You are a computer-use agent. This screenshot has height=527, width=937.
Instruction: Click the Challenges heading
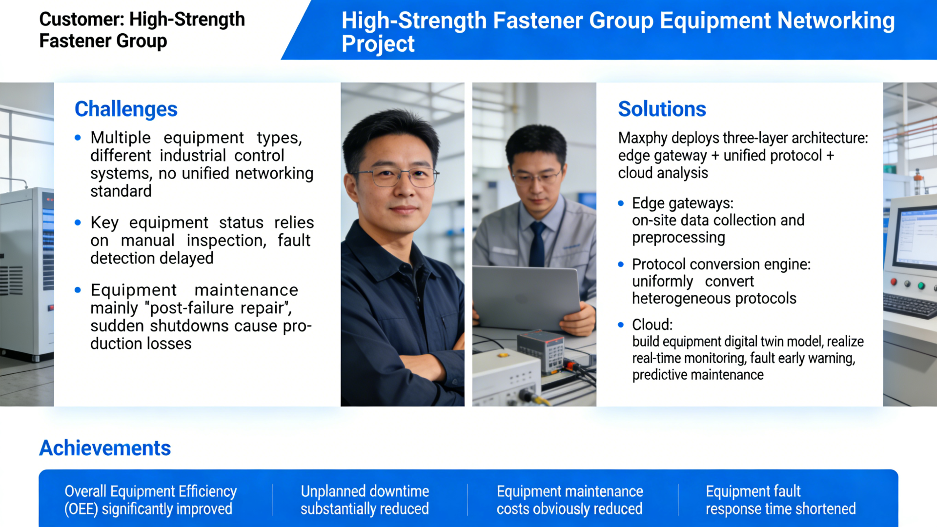(x=126, y=109)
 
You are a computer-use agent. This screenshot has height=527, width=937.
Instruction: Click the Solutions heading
(x=662, y=109)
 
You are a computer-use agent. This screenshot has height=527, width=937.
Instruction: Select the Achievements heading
(x=105, y=448)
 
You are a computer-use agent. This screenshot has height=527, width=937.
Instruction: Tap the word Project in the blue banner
(x=378, y=44)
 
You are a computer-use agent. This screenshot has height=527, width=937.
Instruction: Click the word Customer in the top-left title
(x=81, y=20)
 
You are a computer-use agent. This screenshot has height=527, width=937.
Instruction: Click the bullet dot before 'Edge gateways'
(x=621, y=203)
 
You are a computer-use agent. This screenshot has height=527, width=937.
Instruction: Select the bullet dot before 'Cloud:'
(x=621, y=325)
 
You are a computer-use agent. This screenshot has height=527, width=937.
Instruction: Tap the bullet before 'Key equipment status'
(x=78, y=223)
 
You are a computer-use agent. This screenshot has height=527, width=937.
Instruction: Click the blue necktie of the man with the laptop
(x=537, y=244)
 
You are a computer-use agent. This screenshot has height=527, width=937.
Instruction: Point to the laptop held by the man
(x=525, y=295)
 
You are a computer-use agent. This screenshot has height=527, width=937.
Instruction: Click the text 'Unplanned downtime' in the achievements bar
(x=365, y=491)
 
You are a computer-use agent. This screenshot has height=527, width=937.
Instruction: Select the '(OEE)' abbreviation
(x=81, y=509)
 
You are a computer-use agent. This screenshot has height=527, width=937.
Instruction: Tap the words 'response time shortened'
(x=780, y=509)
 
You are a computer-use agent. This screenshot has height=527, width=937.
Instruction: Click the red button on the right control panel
(x=894, y=282)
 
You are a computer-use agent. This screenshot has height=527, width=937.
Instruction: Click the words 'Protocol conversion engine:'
(x=721, y=264)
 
